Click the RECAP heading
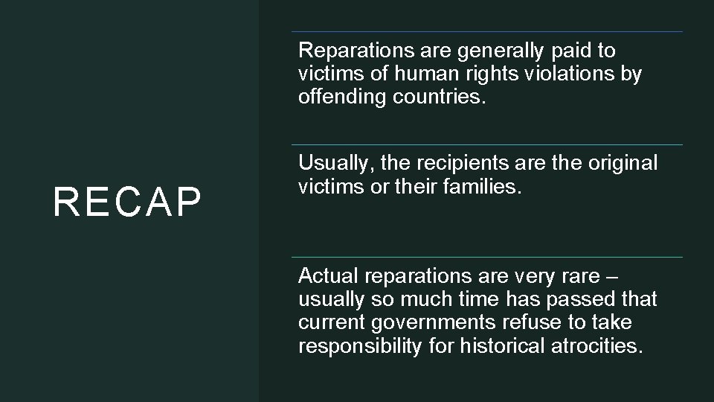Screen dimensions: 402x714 click(127, 203)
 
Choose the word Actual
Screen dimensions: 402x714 click(324, 278)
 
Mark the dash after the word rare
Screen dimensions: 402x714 click(612, 278)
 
